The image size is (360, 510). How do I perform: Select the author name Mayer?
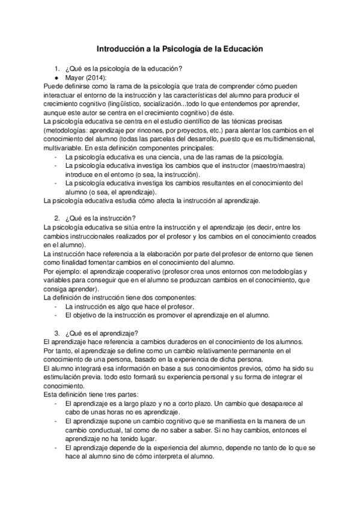[x=74, y=78]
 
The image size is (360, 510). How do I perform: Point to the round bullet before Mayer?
[x=56, y=78]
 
